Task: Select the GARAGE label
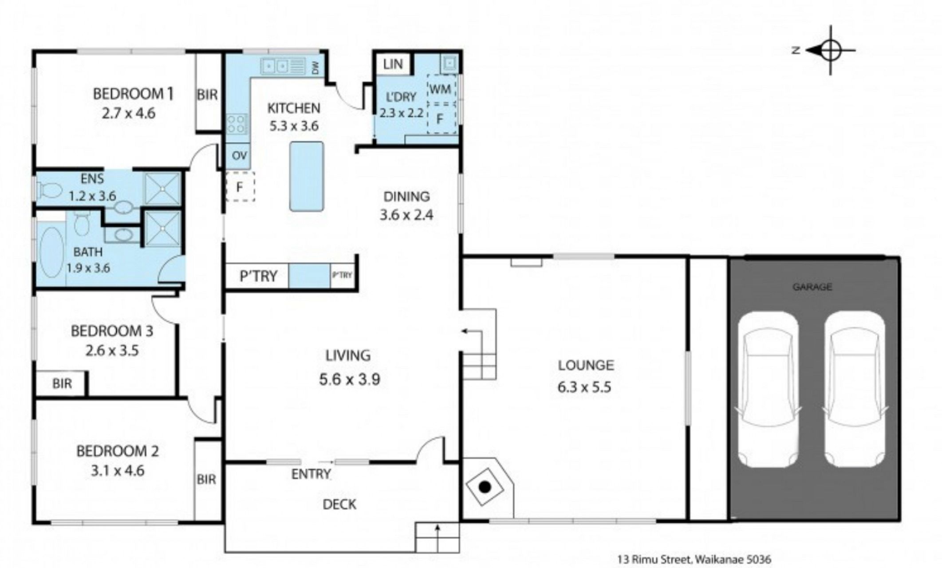click(x=812, y=287)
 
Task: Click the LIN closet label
click(x=393, y=64)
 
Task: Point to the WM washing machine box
click(x=441, y=89)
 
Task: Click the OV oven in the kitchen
click(x=239, y=156)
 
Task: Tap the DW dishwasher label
click(x=315, y=68)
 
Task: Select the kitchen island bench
click(x=306, y=176)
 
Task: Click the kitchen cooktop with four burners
click(x=237, y=124)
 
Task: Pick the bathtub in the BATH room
click(x=51, y=252)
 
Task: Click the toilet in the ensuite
click(x=48, y=190)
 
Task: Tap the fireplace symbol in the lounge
click(x=485, y=487)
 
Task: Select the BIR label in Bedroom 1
click(x=207, y=95)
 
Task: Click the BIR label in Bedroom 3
click(x=62, y=383)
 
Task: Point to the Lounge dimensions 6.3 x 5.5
click(x=584, y=387)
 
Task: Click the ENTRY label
click(x=311, y=474)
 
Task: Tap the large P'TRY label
click(x=258, y=276)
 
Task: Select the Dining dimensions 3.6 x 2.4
click(x=406, y=215)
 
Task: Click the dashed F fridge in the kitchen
click(x=240, y=187)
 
